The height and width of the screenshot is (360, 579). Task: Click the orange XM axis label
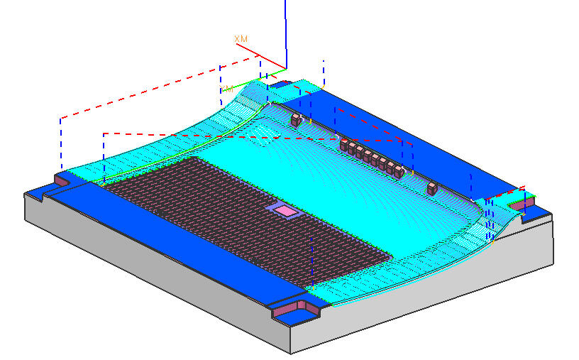[241, 39]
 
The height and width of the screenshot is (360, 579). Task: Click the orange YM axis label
[226, 88]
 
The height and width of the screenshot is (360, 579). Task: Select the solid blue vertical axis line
[285, 34]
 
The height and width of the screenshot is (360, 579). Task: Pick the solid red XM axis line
[261, 56]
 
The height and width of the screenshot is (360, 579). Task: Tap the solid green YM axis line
[255, 80]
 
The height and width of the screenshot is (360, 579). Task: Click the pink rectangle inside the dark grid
[285, 211]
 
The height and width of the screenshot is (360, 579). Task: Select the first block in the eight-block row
[344, 145]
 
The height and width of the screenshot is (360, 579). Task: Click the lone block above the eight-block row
[296, 120]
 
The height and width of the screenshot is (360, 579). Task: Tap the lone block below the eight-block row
[432, 188]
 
